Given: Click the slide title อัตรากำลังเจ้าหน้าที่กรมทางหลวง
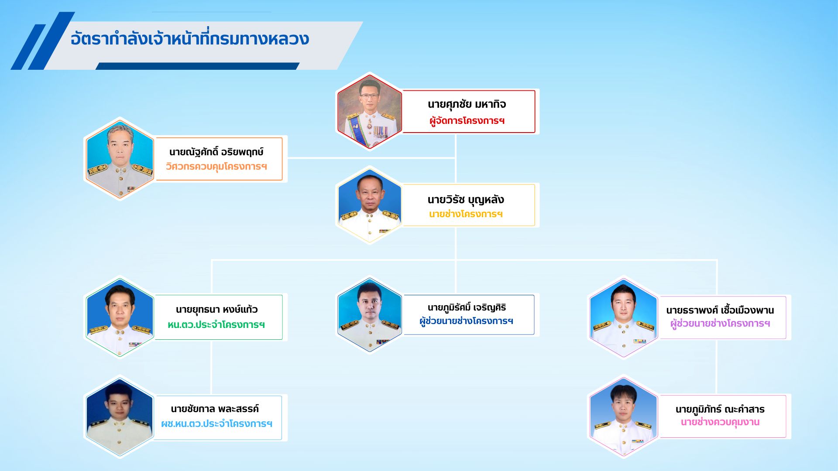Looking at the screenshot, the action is (x=190, y=39).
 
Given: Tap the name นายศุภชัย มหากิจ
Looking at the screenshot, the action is (x=467, y=104).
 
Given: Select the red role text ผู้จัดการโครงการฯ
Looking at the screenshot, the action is (x=467, y=121).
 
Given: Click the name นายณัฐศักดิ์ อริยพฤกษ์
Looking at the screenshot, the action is (x=216, y=152).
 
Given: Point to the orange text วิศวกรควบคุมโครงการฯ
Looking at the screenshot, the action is (x=216, y=167).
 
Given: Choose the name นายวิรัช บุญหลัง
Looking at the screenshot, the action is (x=466, y=200).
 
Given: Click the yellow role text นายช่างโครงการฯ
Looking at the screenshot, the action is (x=466, y=214).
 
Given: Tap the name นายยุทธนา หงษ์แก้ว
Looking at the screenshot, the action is (x=216, y=310).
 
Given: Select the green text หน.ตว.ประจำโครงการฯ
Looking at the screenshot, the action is (x=216, y=325).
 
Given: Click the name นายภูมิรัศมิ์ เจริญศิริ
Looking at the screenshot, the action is (x=467, y=307).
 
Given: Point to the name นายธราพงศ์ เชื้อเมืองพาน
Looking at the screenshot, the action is (x=720, y=310).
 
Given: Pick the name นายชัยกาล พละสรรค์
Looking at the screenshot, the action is (x=215, y=409).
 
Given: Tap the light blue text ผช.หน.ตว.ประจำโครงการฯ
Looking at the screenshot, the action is (x=217, y=424).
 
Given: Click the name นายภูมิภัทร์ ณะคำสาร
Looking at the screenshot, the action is (x=720, y=409).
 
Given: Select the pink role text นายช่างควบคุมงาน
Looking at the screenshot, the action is (x=720, y=422).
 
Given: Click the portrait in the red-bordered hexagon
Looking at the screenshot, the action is (x=370, y=112).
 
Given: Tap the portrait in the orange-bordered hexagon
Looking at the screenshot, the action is (x=120, y=158).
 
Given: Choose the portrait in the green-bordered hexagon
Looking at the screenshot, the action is (x=120, y=317).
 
